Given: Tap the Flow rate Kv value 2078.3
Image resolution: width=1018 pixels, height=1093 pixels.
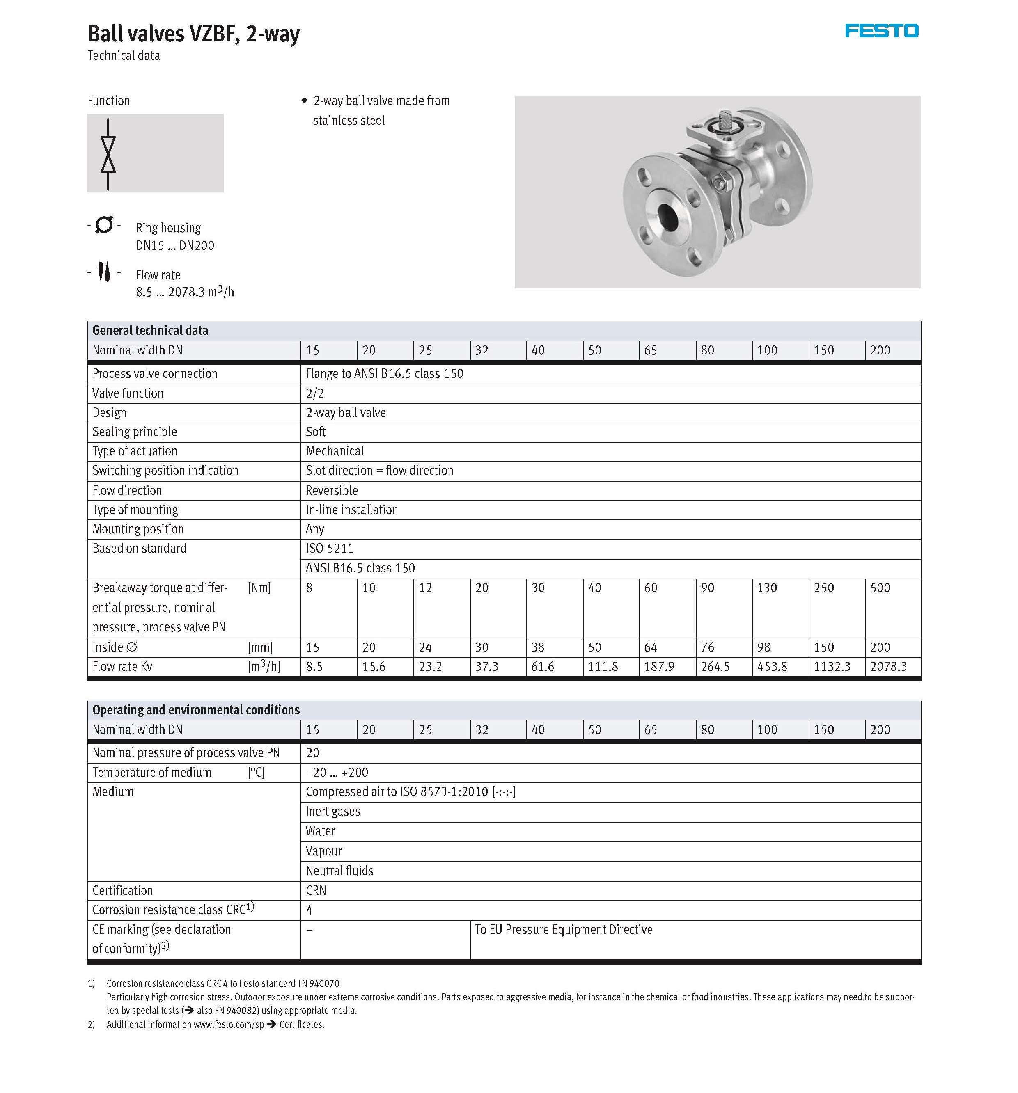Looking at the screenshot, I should click(x=888, y=667).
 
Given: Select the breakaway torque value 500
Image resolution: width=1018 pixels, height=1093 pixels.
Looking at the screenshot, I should click(x=880, y=588).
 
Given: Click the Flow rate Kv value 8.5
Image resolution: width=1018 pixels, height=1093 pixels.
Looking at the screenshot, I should click(x=314, y=667).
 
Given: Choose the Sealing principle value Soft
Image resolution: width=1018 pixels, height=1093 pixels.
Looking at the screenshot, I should click(x=316, y=432).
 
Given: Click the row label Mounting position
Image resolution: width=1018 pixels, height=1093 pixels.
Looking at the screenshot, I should click(x=138, y=529).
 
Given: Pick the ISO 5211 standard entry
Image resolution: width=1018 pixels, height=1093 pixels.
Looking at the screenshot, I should click(x=330, y=549).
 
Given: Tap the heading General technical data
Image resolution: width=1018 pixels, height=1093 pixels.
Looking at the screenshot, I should click(x=150, y=330).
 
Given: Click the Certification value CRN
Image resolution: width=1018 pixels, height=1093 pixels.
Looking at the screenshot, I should click(x=316, y=891).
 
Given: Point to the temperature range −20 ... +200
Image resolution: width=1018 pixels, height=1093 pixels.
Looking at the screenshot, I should click(x=337, y=773).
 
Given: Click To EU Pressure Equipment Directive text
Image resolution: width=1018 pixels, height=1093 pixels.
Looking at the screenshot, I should click(x=563, y=930).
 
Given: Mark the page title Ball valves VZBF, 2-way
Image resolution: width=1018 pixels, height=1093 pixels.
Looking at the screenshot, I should click(x=194, y=34).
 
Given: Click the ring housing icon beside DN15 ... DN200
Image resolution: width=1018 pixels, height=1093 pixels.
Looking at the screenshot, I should click(x=104, y=225).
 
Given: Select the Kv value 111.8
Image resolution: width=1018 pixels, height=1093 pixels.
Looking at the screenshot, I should click(x=603, y=667).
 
